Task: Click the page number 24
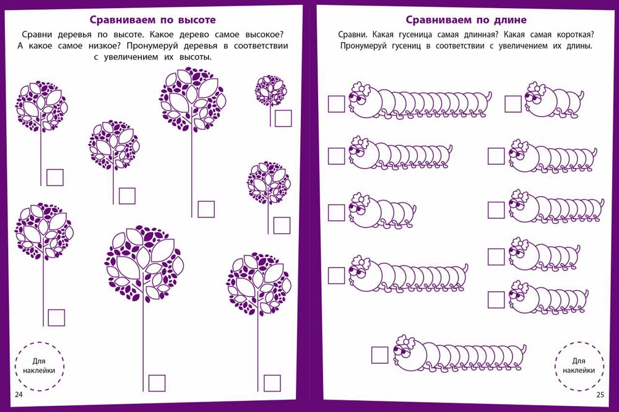19,394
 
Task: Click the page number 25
600,394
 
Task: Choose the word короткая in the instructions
575,35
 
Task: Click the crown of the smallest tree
271,90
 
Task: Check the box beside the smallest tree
283,118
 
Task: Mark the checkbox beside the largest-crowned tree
157,383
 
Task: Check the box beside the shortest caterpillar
513,104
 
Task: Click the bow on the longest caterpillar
361,89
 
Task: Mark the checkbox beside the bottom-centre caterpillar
380,355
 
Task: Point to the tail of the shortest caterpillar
580,95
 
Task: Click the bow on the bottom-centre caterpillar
405,341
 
